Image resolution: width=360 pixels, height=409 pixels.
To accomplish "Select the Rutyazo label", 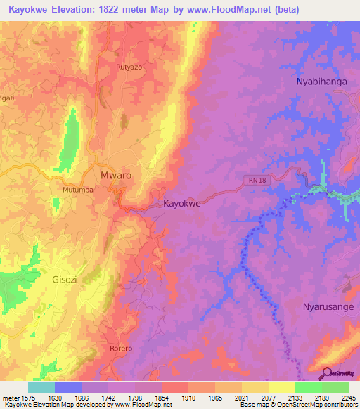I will (129, 67).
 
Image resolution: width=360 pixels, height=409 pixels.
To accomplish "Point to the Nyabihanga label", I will (321, 82).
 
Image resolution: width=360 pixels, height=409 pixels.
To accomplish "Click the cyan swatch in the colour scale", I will (41, 387).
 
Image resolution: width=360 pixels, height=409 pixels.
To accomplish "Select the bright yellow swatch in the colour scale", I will (282, 387).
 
